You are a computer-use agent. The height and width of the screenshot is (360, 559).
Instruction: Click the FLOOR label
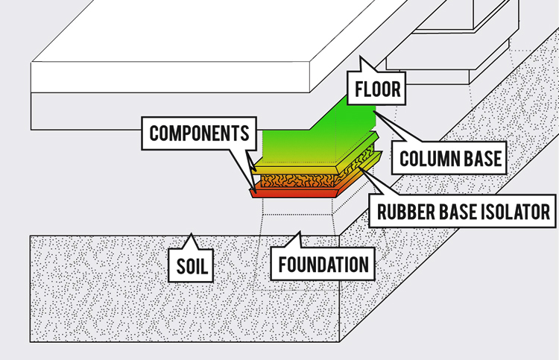pyautogui.click(x=378, y=89)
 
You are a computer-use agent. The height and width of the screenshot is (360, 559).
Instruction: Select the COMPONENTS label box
pyautogui.click(x=199, y=133)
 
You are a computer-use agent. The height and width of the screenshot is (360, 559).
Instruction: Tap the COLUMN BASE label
pyautogui.click(x=450, y=159)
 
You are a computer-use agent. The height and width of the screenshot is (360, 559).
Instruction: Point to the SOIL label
pyautogui.click(x=192, y=266)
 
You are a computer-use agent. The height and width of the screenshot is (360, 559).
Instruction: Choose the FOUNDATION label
pyautogui.click(x=323, y=265)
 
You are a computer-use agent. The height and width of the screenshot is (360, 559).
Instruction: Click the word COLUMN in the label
pyautogui.click(x=426, y=159)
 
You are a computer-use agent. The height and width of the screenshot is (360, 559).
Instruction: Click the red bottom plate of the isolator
pyautogui.click(x=294, y=193)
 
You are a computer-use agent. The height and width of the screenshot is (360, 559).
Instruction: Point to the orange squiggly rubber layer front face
pyautogui.click(x=297, y=180)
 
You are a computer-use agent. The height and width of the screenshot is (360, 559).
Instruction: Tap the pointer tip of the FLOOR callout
pyautogui.click(x=361, y=57)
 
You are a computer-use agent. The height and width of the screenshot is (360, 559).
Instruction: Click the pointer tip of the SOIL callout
pyautogui.click(x=191, y=234)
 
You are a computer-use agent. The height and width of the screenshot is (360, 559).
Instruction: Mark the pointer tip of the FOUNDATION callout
pyautogui.click(x=300, y=233)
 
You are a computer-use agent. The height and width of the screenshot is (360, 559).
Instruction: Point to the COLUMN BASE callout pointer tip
pyautogui.click(x=374, y=112)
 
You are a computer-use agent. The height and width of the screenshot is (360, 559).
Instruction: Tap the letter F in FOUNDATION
pyautogui.click(x=282, y=265)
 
